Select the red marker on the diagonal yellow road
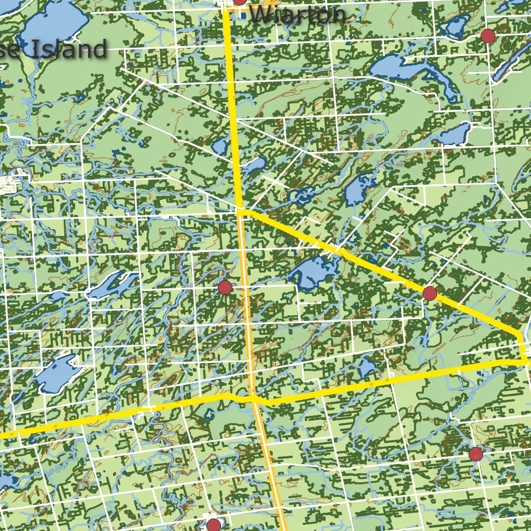[429, 294]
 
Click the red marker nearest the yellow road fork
[225, 287]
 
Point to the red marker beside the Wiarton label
[240, 1]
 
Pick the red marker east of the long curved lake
[487, 36]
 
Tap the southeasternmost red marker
[476, 455]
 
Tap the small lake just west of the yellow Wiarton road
[219, 146]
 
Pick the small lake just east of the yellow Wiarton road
[254, 166]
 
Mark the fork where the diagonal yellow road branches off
[241, 211]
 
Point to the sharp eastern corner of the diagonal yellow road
[520, 334]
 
